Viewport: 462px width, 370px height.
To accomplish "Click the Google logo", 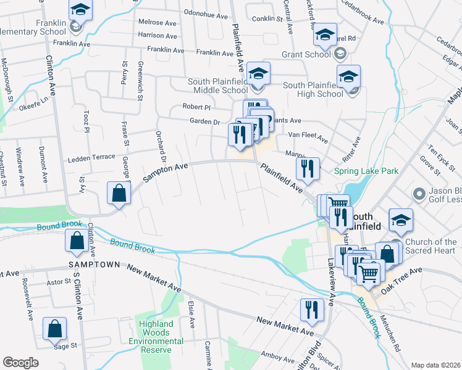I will (x=20, y=363).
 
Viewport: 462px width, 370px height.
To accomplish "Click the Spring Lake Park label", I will (x=366, y=170).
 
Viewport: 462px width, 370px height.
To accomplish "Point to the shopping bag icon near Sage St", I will (x=55, y=329).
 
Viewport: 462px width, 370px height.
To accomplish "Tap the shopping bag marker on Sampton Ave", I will (x=118, y=193).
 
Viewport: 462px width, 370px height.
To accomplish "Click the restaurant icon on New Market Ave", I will (x=312, y=310).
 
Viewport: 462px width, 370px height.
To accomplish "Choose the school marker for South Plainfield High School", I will (x=348, y=76).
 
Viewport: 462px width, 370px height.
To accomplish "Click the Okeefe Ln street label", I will (x=36, y=101).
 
